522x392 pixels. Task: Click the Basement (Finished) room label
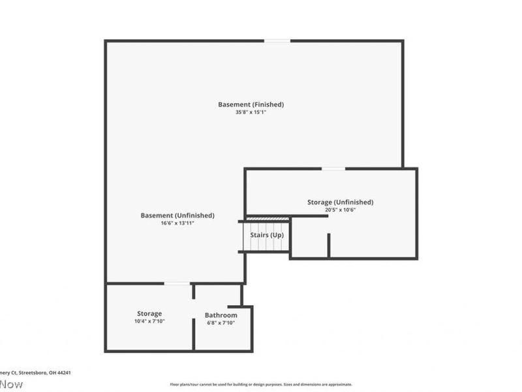pos(251,105)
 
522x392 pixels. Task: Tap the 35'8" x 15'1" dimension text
pos(251,112)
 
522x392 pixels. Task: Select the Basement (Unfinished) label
pos(177,216)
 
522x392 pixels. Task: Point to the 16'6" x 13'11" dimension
pos(177,223)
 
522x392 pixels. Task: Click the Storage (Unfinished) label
pos(340,203)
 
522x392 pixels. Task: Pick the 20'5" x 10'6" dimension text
pos(340,210)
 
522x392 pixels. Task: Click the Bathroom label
pos(221,316)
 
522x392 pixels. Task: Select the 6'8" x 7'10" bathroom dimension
pos(221,323)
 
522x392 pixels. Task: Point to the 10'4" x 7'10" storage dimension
pos(149,321)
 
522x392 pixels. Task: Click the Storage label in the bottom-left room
pos(149,314)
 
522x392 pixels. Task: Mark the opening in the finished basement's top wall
pos(277,41)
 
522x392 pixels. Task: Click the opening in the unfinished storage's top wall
pos(333,169)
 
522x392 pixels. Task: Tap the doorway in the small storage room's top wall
pos(177,284)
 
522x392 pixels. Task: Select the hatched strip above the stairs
pos(268,219)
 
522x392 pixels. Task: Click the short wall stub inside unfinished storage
pos(329,245)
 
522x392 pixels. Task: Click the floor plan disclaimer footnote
pos(261,384)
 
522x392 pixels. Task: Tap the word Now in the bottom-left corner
pos(11,384)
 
